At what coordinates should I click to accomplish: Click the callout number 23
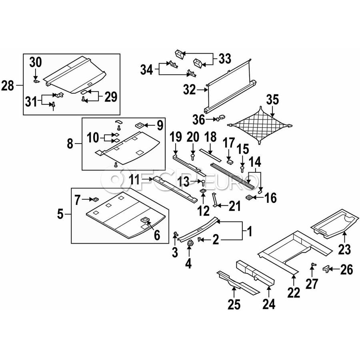[x=344, y=250]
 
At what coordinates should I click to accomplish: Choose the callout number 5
[x=60, y=214]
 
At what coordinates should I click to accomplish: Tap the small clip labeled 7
[x=96, y=199]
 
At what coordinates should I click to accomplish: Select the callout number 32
[x=190, y=90]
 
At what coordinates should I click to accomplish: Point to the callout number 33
[x=225, y=59]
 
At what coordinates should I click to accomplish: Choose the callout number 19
[x=176, y=137]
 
